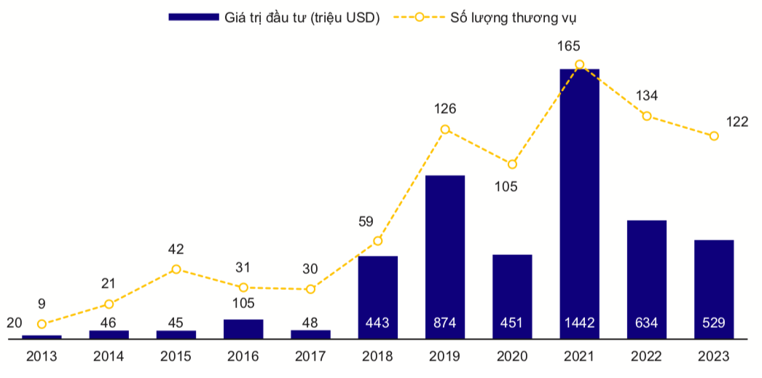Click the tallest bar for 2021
579,204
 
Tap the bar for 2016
243,329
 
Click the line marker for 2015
176,269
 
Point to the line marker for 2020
512,165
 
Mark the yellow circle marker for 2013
42,324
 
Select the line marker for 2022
646,116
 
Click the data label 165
569,46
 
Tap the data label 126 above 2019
444,109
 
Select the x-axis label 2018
377,357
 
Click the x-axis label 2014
109,357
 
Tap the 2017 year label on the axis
310,357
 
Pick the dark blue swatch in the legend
193,17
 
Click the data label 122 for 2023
737,122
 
